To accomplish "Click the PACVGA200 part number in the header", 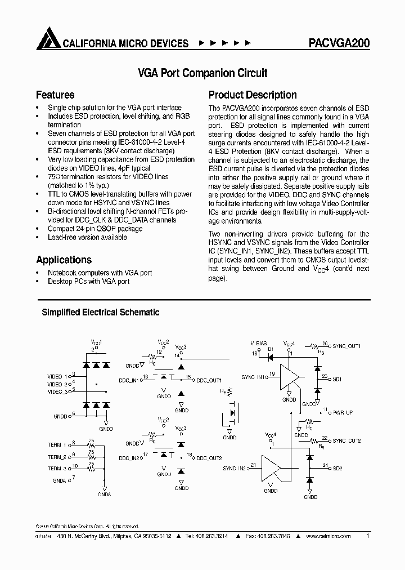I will coord(339,43).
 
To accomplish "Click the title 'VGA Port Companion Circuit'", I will coord(202,73).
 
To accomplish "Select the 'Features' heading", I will coord(55,95).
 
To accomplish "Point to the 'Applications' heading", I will coord(64,260).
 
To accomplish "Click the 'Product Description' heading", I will coord(253,95).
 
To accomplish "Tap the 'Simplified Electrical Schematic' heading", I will coord(100,312).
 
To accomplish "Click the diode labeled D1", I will coord(271,354).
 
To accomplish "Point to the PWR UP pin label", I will coord(343,413).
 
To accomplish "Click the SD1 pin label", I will coord(337,380).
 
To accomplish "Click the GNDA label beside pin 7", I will coord(59,480).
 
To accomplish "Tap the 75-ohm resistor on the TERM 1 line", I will coord(91,445).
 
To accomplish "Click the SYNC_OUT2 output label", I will coord(346,440).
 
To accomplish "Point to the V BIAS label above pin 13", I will coord(259,344).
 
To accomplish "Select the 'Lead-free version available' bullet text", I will coord(87,237).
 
